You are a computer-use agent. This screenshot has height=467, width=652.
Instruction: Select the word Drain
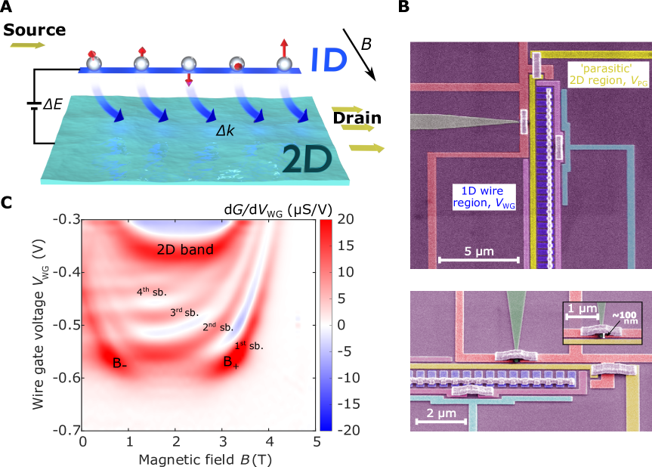pyautogui.click(x=357, y=118)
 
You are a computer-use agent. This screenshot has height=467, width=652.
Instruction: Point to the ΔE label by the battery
pyautogui.click(x=52, y=104)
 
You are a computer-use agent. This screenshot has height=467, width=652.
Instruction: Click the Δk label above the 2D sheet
pyautogui.click(x=225, y=130)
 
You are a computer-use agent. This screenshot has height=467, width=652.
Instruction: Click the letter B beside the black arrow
pyautogui.click(x=366, y=45)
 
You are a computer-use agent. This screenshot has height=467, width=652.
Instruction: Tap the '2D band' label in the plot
pyautogui.click(x=185, y=249)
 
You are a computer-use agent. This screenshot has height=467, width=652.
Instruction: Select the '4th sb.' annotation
pyautogui.click(x=151, y=291)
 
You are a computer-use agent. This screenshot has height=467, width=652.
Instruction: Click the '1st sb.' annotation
pyautogui.click(x=249, y=345)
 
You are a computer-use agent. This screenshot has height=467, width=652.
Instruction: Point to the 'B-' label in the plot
pyautogui.click(x=119, y=363)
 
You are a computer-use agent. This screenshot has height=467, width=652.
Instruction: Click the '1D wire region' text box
pyautogui.click(x=478, y=198)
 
